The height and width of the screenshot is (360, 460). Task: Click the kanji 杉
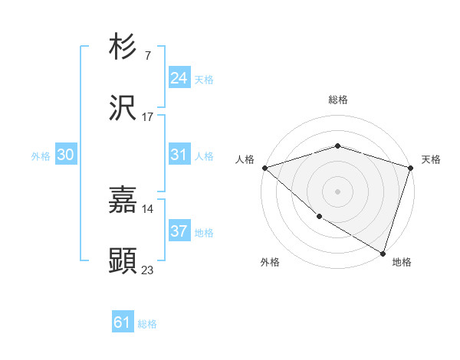coord(123,47)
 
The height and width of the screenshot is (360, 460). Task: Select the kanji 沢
coord(123,108)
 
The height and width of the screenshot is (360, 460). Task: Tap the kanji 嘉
coord(123,200)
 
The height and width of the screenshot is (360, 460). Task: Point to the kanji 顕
coord(123,261)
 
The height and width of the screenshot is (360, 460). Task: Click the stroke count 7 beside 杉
coord(147,56)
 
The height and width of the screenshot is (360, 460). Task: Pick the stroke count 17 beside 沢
coord(148,117)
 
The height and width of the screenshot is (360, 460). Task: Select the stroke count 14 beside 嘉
coord(148,209)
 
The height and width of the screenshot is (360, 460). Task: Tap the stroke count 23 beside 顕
coord(148,270)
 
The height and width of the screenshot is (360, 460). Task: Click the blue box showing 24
coord(179,78)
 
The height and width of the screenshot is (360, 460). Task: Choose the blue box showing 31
coord(179,155)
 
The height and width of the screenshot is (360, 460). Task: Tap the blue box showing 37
coord(179,231)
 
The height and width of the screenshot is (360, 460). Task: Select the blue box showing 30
coord(66,155)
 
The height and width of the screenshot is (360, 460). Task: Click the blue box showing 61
coord(123,322)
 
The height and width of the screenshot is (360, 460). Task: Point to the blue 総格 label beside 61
coord(147,324)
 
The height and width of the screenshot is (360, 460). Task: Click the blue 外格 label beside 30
coord(41,156)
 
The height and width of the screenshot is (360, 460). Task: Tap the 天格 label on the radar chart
coord(431,159)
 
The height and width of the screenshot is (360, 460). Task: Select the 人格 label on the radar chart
coord(245,159)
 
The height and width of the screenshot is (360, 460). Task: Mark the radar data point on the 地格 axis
coord(383,253)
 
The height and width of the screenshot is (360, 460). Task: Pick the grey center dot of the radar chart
coord(337,191)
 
